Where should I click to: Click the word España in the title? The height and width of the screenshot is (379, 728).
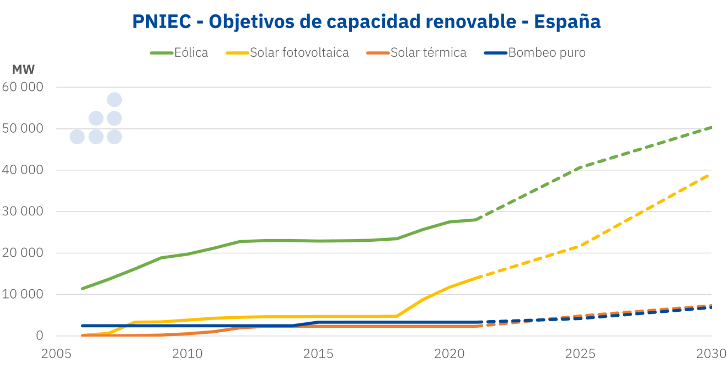pos(568,21)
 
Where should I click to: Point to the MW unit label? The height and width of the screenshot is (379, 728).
pos(23,70)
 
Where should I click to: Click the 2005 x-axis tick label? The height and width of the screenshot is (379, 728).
pos(57,354)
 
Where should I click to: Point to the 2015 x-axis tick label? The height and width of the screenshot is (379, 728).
pos(318,354)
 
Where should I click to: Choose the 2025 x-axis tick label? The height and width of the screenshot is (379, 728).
pos(580,354)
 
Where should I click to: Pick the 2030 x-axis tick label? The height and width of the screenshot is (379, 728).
pos(711,354)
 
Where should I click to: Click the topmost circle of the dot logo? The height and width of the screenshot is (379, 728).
pos(114,100)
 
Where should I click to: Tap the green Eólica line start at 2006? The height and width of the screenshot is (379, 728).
pos(82,288)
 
